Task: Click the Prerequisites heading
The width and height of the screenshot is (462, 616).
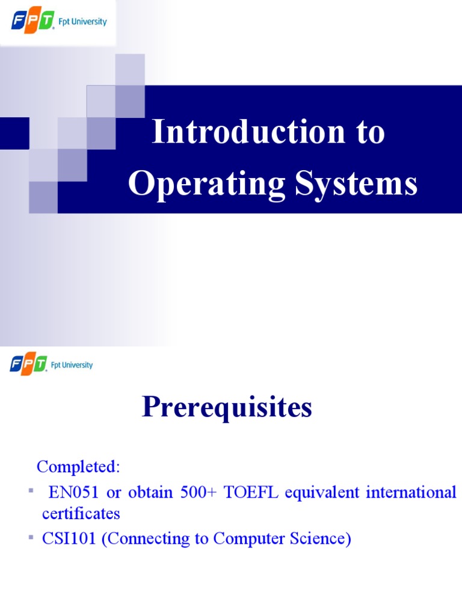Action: tap(227, 408)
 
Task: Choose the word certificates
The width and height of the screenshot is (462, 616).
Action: tap(81, 514)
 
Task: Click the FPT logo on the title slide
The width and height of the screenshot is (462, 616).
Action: tap(32, 22)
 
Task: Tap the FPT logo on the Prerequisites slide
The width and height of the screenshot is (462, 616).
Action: tap(28, 365)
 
